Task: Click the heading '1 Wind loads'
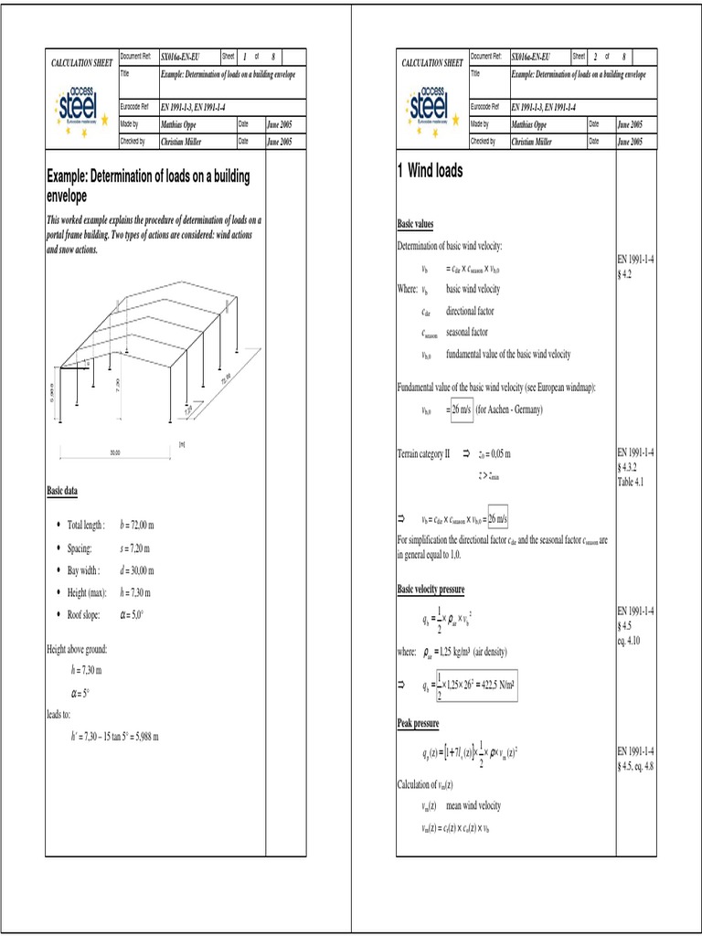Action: tap(430, 171)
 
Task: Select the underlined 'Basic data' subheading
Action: tap(62, 491)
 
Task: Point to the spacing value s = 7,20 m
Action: tap(134, 548)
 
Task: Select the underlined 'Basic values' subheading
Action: tap(415, 224)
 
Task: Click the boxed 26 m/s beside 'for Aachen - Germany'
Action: tap(462, 410)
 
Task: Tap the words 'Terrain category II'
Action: tap(423, 453)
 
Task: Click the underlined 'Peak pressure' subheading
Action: tap(418, 723)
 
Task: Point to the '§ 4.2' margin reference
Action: tap(628, 274)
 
